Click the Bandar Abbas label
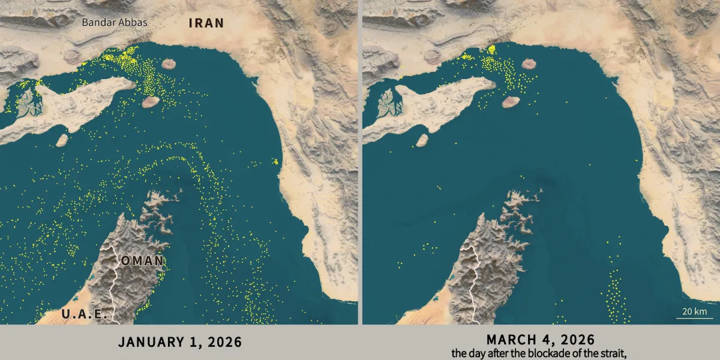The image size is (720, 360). point(114,23)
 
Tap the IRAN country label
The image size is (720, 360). point(206,23)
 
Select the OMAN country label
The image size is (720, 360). point(142,261)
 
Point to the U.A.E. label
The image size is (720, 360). point(84,314)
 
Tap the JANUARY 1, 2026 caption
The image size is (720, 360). point(180,342)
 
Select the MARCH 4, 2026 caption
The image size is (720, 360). point(541,339)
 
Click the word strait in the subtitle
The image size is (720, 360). point(613,353)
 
